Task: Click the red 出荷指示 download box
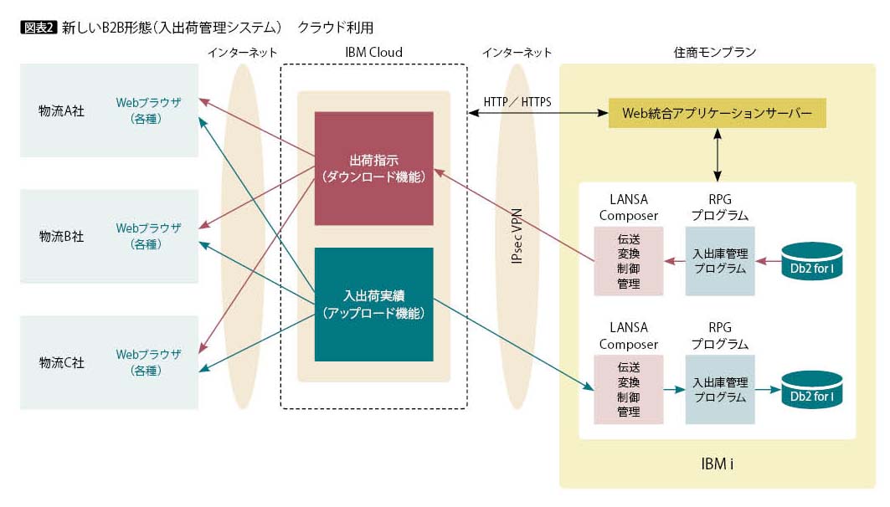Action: coord(374,168)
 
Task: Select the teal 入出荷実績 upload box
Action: coord(374,305)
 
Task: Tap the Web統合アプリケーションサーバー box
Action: coord(717,113)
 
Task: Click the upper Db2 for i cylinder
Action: coord(811,261)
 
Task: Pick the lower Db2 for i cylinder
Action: coord(811,390)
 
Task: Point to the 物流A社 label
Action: coord(61,111)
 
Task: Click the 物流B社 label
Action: coord(61,237)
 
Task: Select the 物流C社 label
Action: coord(61,362)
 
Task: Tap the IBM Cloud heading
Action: coord(374,52)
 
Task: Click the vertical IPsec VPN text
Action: coord(517,236)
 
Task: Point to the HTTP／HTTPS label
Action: coord(517,102)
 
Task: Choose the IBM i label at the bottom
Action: coord(717,463)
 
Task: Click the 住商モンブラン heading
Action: coord(715,52)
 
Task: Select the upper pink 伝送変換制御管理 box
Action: coord(628,261)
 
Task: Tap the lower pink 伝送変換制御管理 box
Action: coord(628,390)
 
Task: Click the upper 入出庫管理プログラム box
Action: coord(720,261)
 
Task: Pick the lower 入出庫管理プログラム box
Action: coord(720,390)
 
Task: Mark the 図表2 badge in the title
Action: coord(39,28)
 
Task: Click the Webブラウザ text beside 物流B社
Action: coord(148,228)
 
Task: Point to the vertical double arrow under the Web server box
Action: coord(718,155)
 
